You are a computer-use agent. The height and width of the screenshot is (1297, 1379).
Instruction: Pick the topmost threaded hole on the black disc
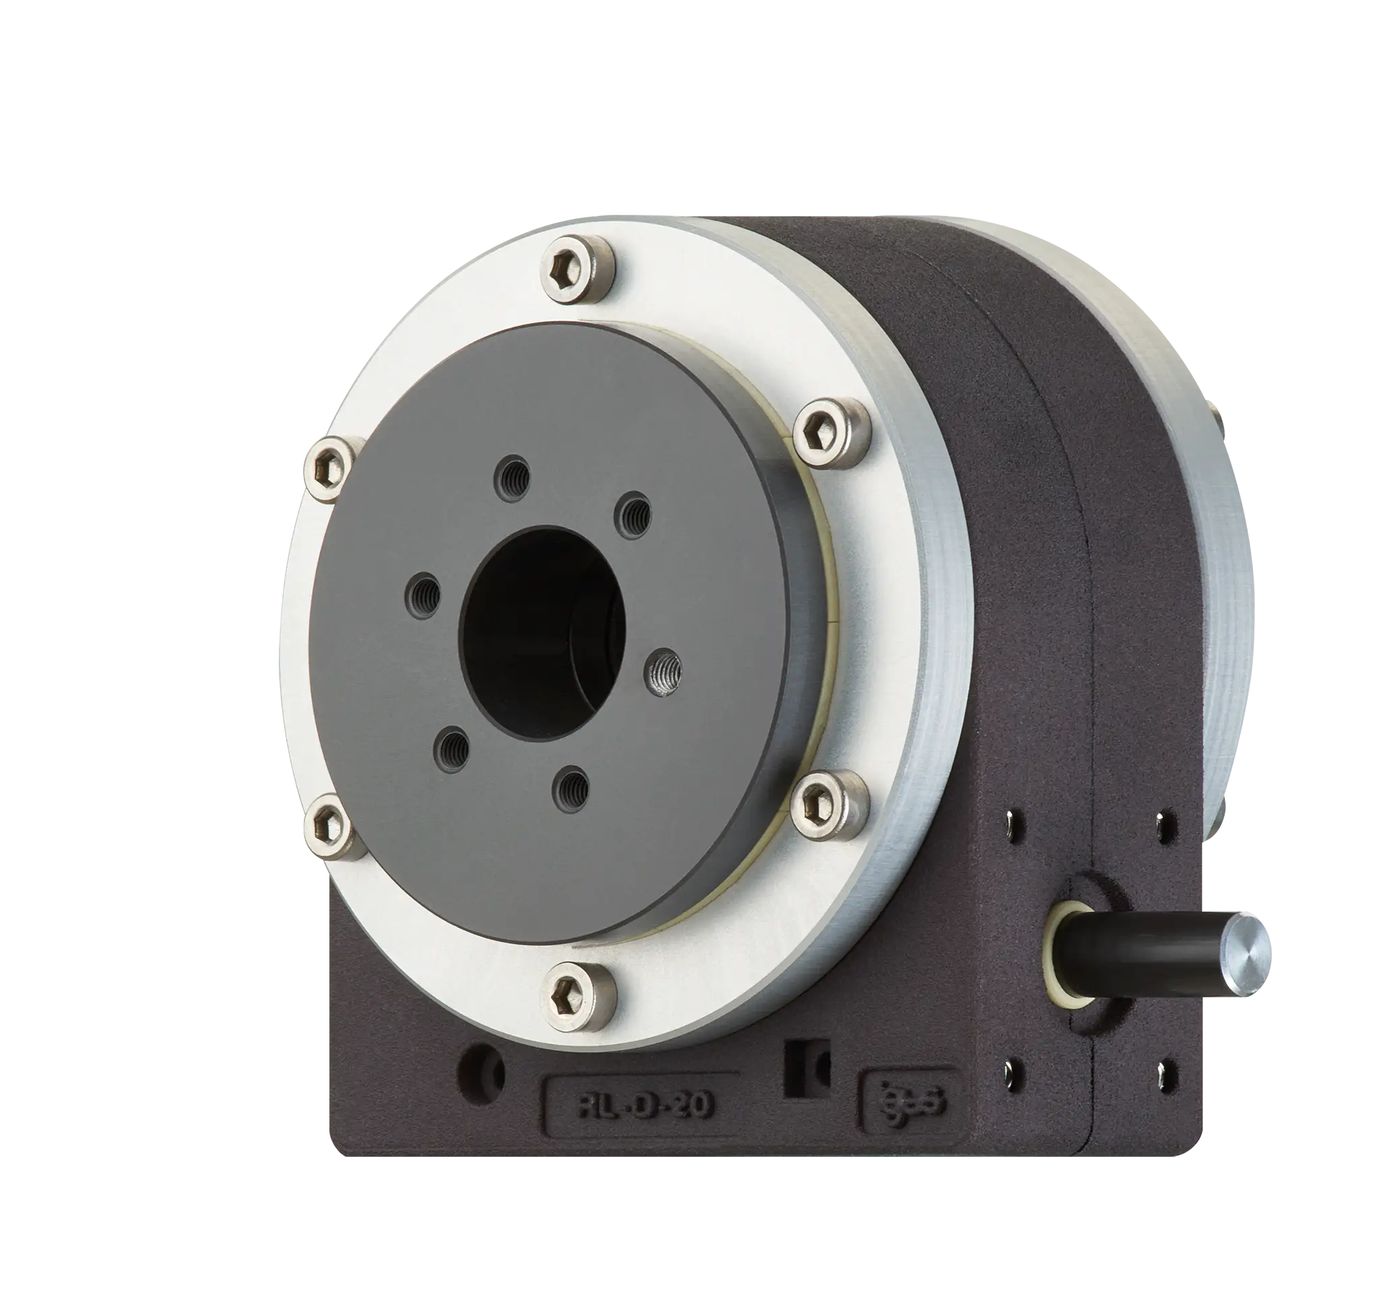pyautogui.click(x=515, y=475)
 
